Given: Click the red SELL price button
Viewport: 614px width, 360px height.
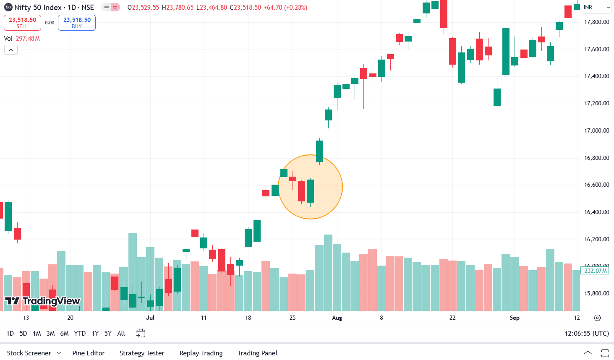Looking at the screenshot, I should [x=22, y=23].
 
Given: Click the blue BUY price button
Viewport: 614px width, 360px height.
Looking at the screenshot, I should [x=77, y=23].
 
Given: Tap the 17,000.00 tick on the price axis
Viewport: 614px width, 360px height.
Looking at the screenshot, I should [x=596, y=130].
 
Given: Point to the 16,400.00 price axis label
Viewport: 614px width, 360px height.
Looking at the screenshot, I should [x=596, y=212].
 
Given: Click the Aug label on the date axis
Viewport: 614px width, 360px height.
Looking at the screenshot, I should [x=337, y=318].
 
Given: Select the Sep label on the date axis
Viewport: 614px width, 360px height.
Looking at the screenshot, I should [x=515, y=318].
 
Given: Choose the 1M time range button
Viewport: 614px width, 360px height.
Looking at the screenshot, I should [x=37, y=334].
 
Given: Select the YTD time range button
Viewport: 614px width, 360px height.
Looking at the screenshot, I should [x=80, y=334].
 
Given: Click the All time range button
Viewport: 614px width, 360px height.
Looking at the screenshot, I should [x=121, y=334].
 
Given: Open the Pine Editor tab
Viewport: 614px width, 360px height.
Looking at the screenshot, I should [x=88, y=353].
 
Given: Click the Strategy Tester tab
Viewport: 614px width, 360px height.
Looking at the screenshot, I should [x=142, y=353].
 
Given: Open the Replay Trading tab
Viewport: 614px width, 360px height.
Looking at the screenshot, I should [x=201, y=353].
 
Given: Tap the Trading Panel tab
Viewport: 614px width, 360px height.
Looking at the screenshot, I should [x=257, y=353].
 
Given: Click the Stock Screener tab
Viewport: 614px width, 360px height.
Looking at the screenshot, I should [x=29, y=353].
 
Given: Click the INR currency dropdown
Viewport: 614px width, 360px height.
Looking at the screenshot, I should [x=596, y=8].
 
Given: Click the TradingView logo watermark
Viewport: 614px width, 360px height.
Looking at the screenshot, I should [x=42, y=301].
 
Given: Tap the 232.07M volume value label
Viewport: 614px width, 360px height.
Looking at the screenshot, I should [x=596, y=271].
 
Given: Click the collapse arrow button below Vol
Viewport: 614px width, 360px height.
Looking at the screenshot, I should [x=11, y=50].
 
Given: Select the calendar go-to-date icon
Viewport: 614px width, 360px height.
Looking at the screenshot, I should [x=141, y=334].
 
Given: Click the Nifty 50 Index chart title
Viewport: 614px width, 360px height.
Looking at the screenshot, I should [x=54, y=8].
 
